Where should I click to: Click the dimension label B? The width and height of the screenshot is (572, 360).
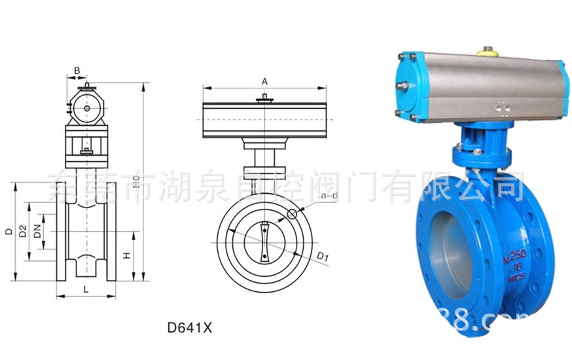[77, 70]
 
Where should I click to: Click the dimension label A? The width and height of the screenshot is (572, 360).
[264, 81]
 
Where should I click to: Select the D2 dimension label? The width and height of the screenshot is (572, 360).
[23, 231]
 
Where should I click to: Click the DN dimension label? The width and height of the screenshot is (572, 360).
[38, 231]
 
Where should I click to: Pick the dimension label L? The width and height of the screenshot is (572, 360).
[86, 289]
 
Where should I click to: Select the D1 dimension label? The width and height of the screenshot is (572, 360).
[321, 255]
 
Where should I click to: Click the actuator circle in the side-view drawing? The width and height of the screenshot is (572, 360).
[86, 107]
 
